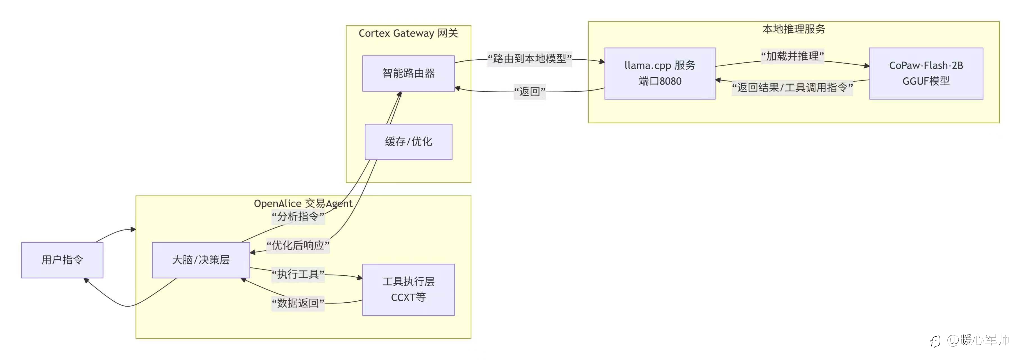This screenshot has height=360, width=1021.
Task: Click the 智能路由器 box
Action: pos(408,73)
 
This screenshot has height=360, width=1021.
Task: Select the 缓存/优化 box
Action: pos(408,141)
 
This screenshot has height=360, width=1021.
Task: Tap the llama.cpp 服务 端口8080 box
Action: pos(660,73)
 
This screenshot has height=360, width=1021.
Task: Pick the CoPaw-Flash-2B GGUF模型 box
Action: pos(926,73)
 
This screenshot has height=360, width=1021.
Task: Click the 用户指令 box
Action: pos(62,260)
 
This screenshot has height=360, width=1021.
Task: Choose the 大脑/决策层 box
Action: pos(201,260)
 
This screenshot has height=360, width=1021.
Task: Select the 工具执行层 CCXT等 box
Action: pos(408,289)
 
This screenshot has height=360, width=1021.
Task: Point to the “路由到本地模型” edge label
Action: pos(529,59)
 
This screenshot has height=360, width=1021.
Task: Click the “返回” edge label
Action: pos(529,92)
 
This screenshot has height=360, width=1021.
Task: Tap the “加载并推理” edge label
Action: pos(792,56)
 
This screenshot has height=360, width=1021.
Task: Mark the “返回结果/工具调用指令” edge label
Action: pos(792,87)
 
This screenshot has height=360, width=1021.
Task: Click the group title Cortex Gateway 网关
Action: pos(408,33)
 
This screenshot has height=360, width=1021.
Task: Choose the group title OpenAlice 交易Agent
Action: pos(303,203)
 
